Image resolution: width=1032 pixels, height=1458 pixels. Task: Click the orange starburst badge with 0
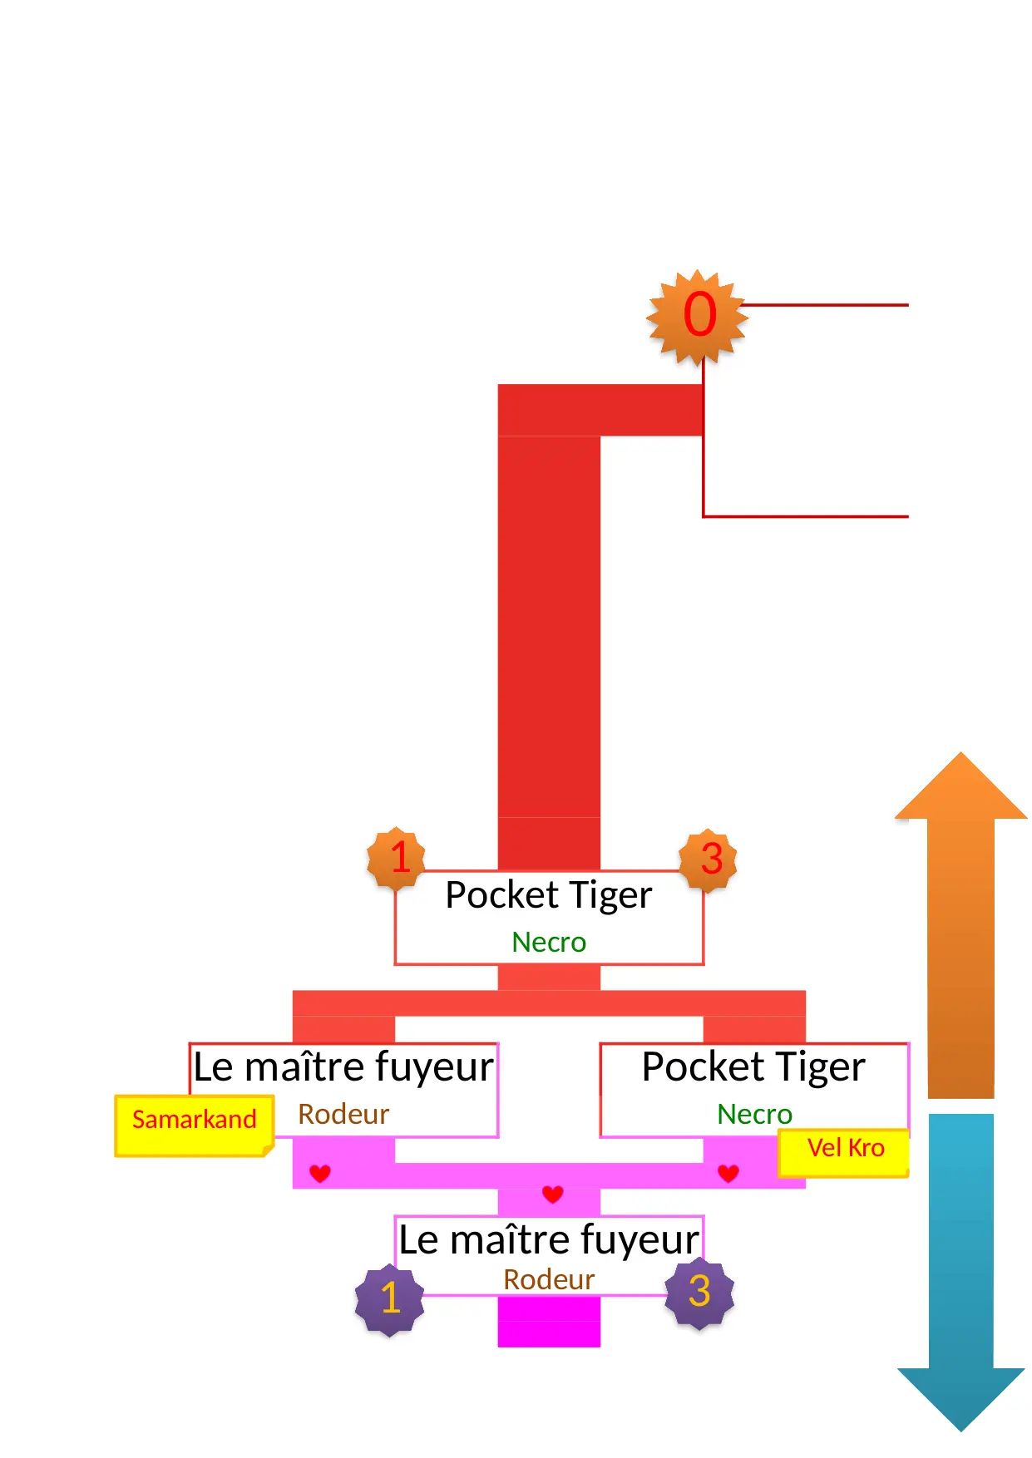[698, 317]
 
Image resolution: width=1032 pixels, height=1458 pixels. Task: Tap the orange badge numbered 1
[397, 858]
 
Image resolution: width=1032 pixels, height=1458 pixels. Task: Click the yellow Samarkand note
[195, 1124]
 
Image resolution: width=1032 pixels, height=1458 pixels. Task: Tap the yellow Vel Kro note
[844, 1151]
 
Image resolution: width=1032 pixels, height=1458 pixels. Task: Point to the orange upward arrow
[960, 923]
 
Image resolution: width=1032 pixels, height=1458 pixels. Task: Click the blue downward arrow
[960, 1272]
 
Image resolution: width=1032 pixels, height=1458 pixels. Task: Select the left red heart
[320, 1173]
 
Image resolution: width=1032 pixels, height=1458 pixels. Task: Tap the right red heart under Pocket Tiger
[728, 1173]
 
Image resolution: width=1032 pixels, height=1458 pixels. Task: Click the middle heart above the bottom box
[552, 1194]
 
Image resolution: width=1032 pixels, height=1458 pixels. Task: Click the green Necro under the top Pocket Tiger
[549, 943]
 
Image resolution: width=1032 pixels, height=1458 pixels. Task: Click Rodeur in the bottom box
[549, 1280]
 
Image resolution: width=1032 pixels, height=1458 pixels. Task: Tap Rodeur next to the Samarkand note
[343, 1115]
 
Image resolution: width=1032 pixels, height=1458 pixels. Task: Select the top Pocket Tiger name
[549, 896]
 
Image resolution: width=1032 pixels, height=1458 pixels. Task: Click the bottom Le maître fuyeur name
[549, 1240]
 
